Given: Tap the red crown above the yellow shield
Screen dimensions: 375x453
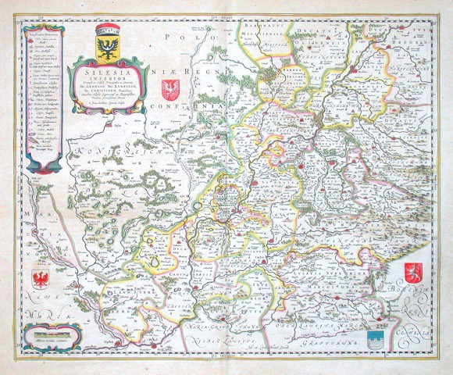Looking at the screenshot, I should tap(105, 30).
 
